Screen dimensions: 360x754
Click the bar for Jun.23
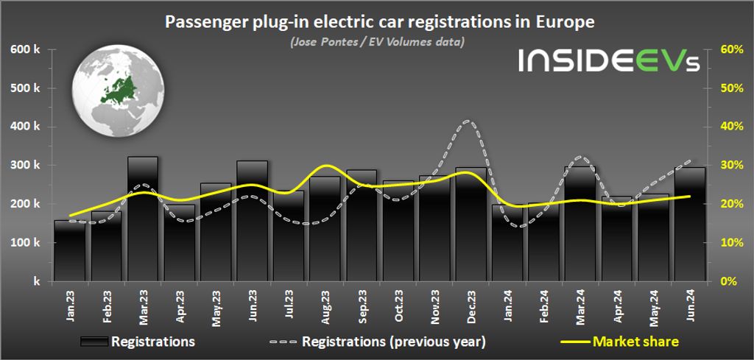(x=252, y=221)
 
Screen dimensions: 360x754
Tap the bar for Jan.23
(x=71, y=250)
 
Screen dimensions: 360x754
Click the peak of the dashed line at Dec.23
(x=469, y=121)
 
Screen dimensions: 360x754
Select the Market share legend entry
(x=634, y=341)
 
